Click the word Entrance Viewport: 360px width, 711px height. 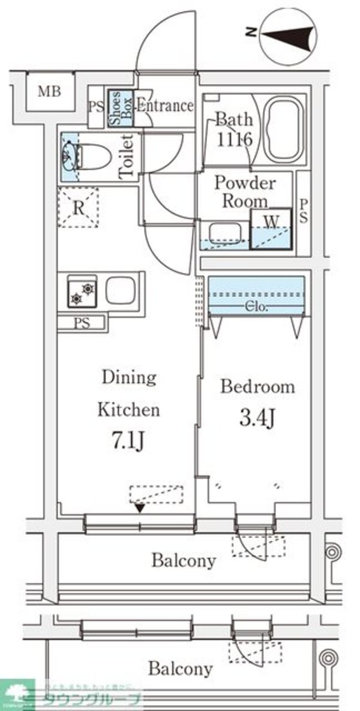point(165,106)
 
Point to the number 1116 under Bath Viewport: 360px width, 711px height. point(230,139)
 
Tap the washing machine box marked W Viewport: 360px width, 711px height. point(271,229)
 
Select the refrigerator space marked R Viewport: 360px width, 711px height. point(78,208)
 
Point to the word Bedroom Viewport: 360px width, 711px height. point(257,386)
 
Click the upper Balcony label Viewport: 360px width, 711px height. point(183,561)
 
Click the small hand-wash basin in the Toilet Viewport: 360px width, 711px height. point(69,154)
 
